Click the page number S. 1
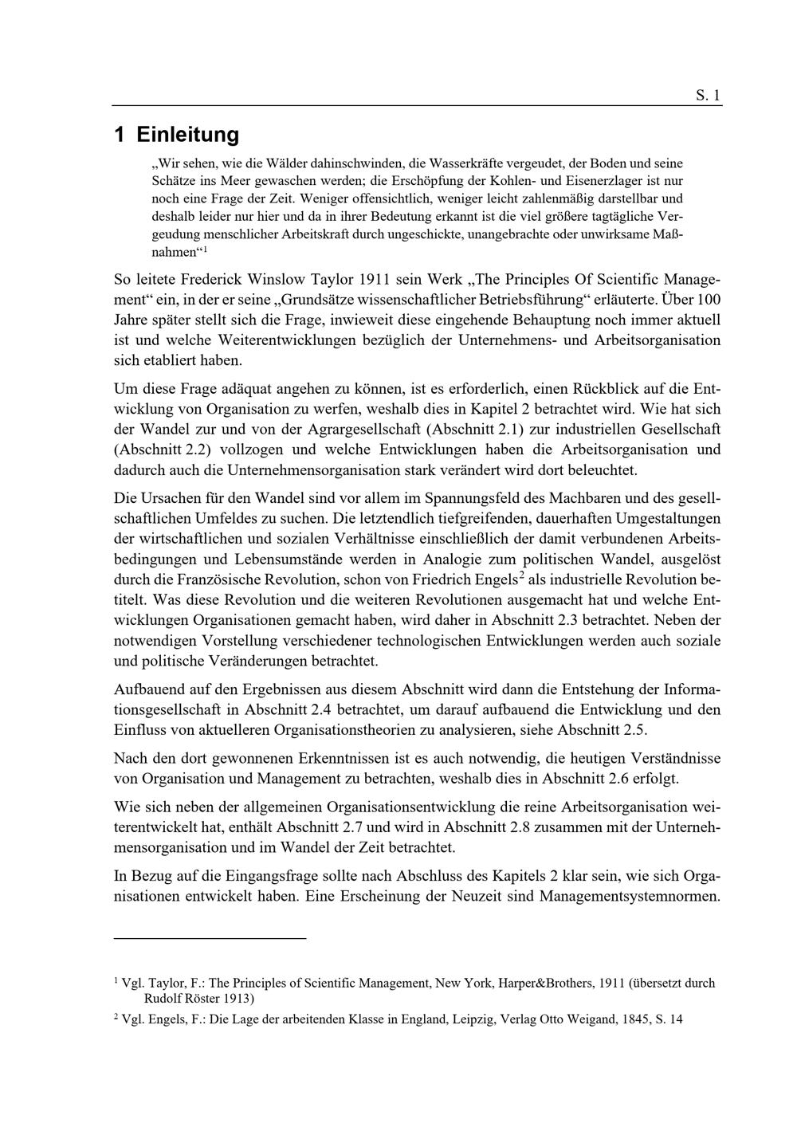click(708, 96)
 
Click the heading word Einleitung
click(187, 134)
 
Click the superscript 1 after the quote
click(205, 249)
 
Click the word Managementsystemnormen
click(630, 896)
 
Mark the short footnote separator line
click(210, 939)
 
